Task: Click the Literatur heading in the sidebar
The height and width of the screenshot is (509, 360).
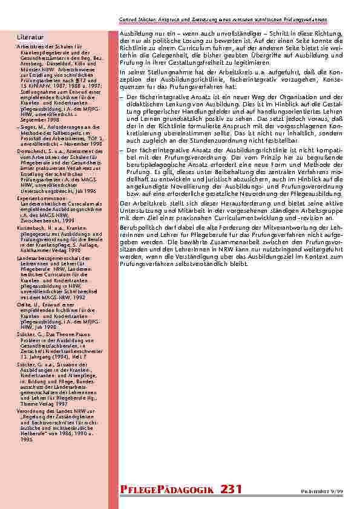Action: (x=28, y=38)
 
